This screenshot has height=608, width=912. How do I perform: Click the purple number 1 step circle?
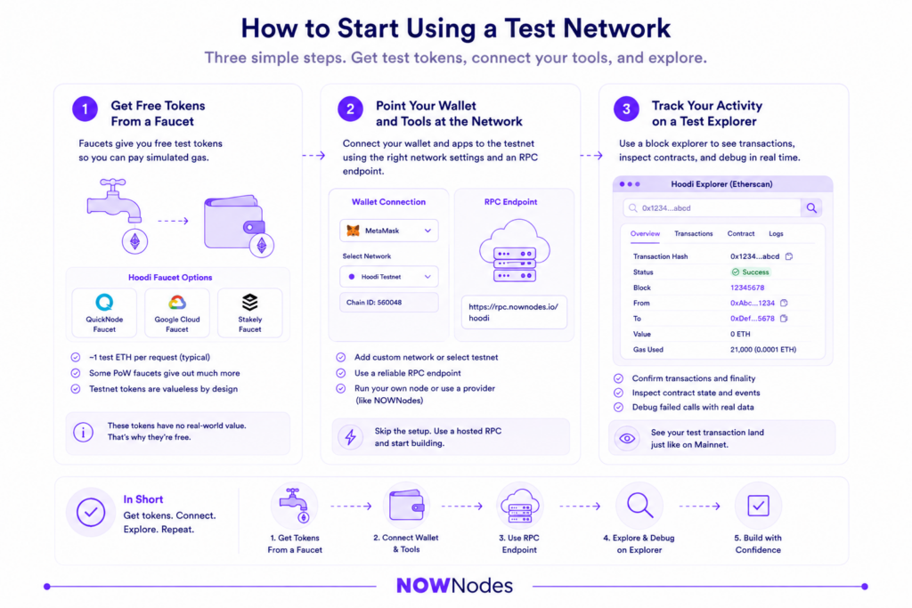85,109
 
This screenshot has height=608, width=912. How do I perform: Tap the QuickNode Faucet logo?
105,303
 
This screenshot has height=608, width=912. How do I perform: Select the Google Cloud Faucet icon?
177,303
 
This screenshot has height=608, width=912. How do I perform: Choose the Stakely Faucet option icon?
250,303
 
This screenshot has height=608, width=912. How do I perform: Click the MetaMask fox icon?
353,231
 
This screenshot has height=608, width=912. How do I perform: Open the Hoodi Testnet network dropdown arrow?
427,277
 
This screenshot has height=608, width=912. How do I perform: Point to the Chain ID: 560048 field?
388,303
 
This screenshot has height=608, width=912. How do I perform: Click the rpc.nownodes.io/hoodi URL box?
514,312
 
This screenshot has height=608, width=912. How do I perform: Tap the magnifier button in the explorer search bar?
811,208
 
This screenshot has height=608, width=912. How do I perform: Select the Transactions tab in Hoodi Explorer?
693,233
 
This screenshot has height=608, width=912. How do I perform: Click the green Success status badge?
750,272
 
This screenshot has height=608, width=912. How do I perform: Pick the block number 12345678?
747,288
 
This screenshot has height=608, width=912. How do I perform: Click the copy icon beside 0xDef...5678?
784,319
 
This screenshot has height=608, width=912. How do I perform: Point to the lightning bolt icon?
350,437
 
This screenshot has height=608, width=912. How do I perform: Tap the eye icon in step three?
627,438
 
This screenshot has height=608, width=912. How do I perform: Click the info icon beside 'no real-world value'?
83,432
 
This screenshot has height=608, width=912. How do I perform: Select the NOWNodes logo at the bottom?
454,586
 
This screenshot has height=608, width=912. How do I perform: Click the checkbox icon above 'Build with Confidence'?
758,506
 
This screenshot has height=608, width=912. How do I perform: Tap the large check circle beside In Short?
91,512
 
